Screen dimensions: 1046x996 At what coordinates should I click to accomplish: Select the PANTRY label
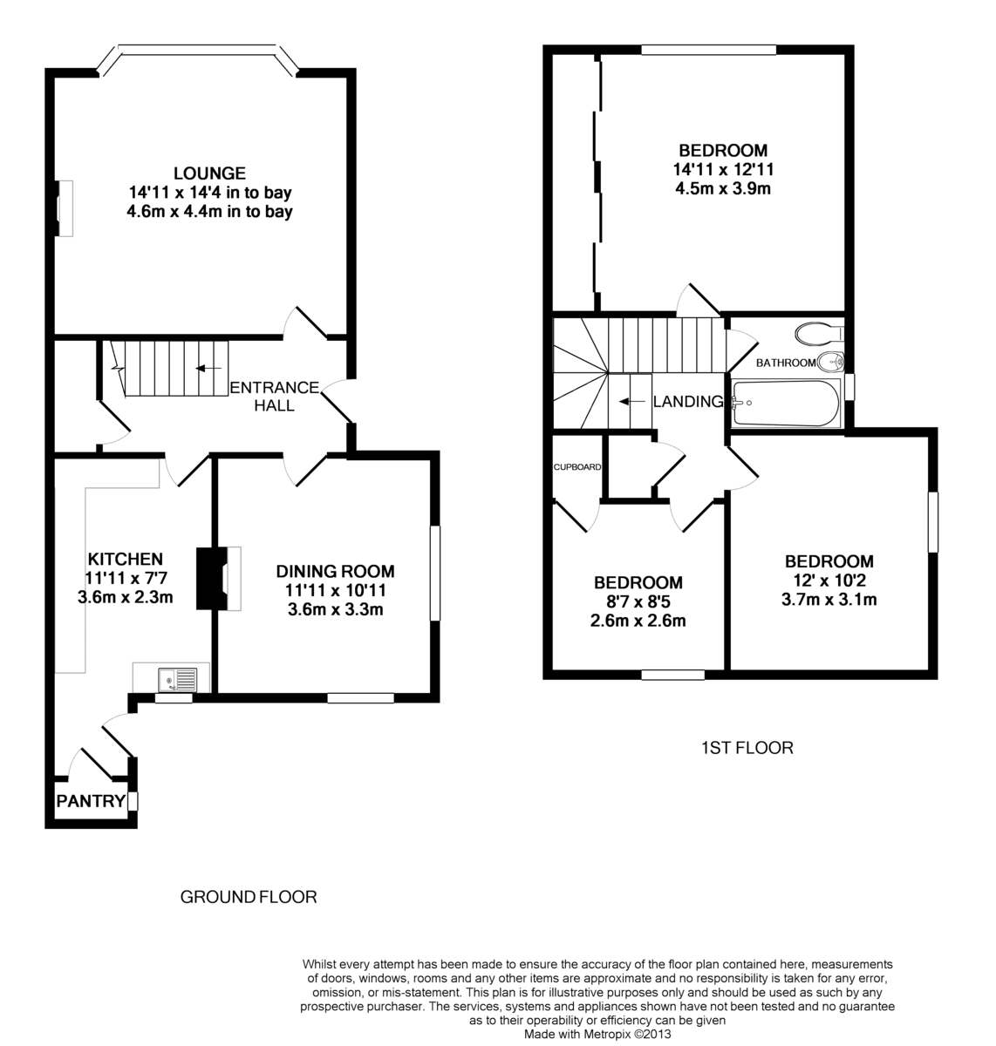(x=91, y=801)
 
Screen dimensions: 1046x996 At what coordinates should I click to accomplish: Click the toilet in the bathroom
(x=817, y=333)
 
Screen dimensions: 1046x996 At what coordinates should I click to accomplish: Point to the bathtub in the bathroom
(x=785, y=404)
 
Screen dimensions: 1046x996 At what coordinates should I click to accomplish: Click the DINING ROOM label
(x=335, y=572)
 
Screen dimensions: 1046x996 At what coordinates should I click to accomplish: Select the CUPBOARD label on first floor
(x=577, y=467)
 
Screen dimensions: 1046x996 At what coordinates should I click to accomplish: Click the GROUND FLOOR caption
(x=248, y=896)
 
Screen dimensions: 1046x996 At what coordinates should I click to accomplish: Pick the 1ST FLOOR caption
(x=747, y=747)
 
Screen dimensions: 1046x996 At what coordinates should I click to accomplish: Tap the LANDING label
(x=688, y=402)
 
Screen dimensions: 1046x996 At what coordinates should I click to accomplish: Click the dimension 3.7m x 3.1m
(x=829, y=599)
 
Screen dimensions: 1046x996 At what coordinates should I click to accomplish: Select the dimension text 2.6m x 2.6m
(x=638, y=621)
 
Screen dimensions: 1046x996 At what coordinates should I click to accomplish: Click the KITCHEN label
(x=125, y=559)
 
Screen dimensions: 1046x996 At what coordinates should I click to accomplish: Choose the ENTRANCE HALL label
(x=274, y=397)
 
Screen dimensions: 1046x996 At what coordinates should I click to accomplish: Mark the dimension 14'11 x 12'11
(x=723, y=169)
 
